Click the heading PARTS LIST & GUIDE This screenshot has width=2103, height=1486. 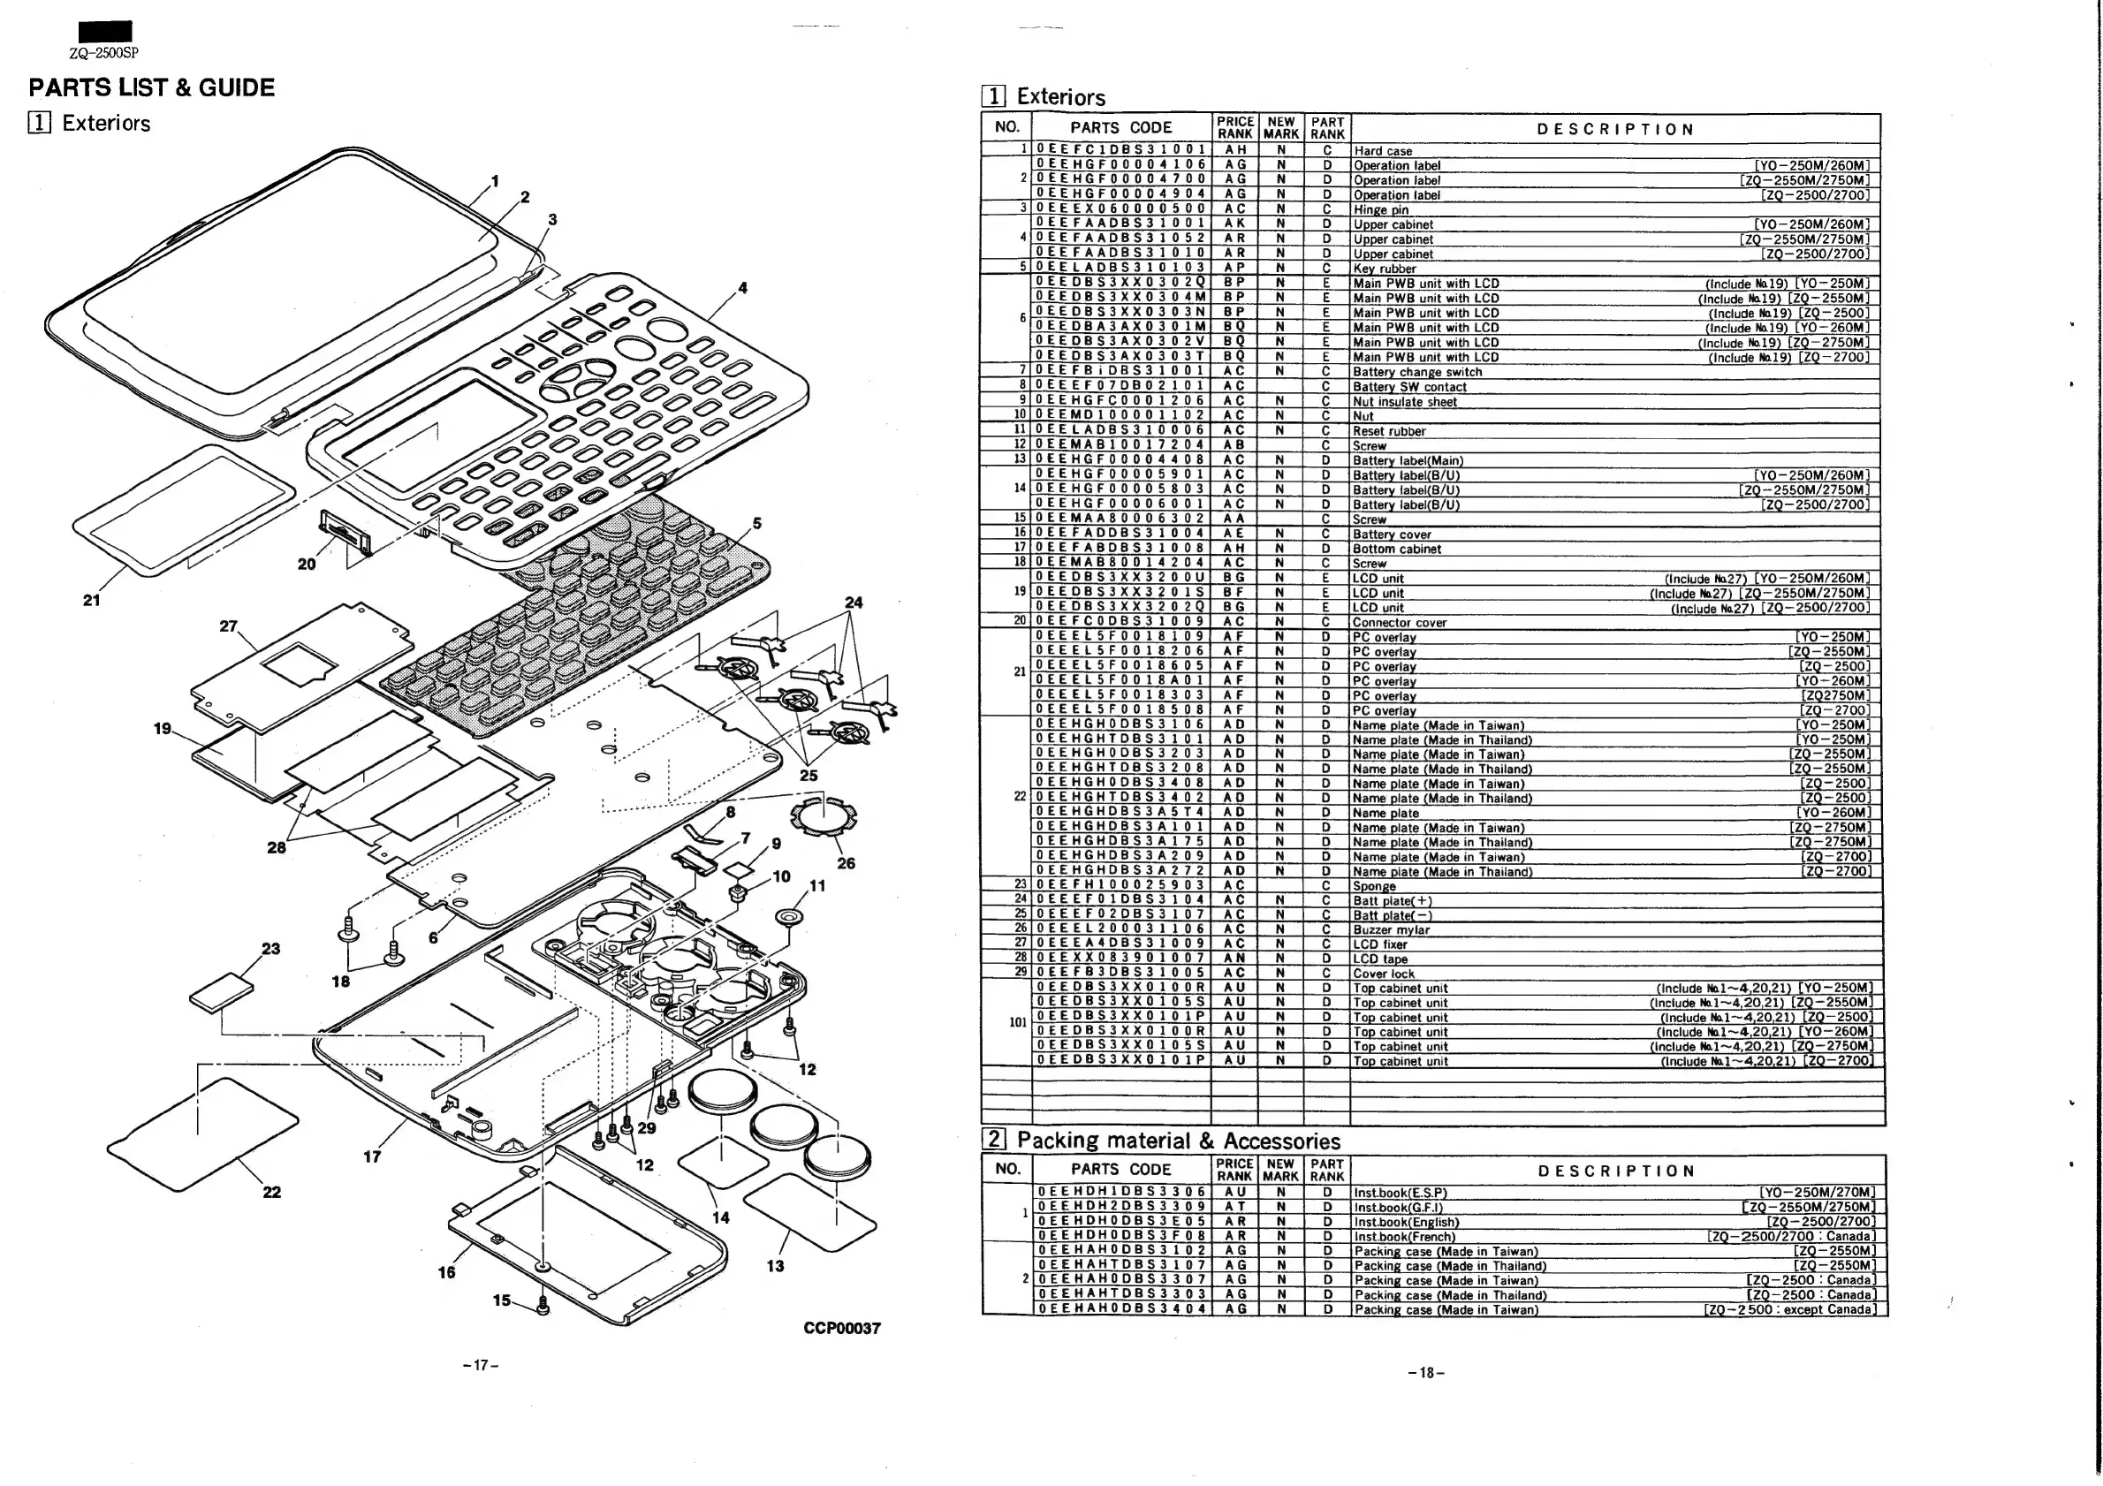[x=151, y=87]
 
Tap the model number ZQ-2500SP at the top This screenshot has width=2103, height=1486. [x=103, y=53]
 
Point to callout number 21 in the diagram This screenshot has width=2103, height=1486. [x=92, y=601]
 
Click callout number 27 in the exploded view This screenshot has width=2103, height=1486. [x=228, y=626]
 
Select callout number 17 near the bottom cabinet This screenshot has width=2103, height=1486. [x=372, y=1157]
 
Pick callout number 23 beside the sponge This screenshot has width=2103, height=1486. [x=271, y=949]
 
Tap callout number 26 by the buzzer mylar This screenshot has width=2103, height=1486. [x=847, y=863]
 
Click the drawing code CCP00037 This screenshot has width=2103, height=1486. [x=842, y=1329]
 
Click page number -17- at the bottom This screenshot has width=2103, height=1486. [x=481, y=1366]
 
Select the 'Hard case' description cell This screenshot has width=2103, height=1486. [x=1383, y=151]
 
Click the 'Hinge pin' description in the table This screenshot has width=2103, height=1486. [x=1381, y=209]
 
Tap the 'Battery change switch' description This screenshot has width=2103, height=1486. [x=1417, y=372]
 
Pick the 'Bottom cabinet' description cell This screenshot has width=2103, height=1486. [x=1397, y=550]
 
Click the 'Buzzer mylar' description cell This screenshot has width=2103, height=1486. [x=1392, y=930]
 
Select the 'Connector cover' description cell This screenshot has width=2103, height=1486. [x=1400, y=623]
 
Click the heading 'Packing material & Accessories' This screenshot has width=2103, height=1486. [x=1178, y=1141]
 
